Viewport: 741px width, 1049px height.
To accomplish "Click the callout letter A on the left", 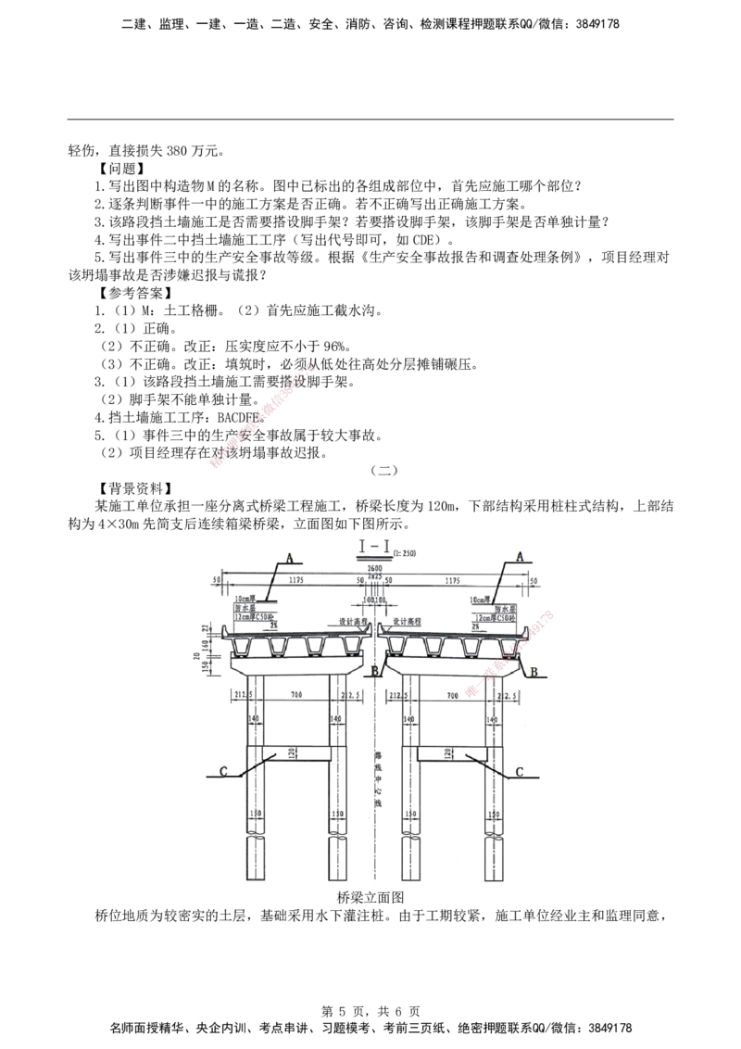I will (x=290, y=557).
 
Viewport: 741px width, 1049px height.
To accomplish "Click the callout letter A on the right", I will (x=520, y=556).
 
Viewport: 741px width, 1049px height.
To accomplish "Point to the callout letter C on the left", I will (x=223, y=770).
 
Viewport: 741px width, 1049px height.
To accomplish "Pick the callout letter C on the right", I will (x=519, y=771).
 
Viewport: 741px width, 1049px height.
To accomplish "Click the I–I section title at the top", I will (x=373, y=545).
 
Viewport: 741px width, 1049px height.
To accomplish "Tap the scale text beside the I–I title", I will (x=406, y=554).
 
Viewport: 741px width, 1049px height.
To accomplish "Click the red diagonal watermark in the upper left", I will (x=262, y=417).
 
